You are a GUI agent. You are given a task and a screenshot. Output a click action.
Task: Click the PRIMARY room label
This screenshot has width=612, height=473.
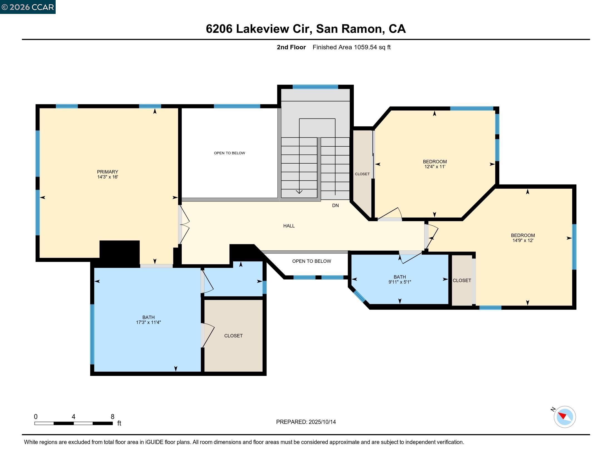click(107, 172)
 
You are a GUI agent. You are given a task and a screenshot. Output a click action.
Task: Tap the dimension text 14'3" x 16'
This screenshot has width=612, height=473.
click(107, 177)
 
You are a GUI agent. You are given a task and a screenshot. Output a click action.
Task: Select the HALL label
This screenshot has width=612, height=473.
click(289, 226)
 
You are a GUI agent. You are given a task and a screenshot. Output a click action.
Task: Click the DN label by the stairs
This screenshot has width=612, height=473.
click(335, 205)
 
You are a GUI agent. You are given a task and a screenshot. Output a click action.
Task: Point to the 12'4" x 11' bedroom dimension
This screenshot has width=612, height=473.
click(435, 167)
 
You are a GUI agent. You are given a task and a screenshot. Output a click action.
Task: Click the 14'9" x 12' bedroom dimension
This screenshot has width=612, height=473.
click(523, 240)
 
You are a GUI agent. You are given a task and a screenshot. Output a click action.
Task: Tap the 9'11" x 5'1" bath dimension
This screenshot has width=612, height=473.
click(399, 282)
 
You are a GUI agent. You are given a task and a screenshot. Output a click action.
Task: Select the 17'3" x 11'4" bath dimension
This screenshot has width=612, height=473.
click(148, 322)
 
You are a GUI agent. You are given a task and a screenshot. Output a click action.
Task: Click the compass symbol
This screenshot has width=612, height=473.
click(564, 417)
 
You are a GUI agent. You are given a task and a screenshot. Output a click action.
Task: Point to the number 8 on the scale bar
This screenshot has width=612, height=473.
click(112, 417)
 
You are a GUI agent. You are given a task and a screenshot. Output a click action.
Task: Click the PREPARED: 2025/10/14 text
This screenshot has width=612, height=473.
click(306, 422)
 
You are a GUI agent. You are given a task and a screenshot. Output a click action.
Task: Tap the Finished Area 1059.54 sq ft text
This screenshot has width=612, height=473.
click(351, 47)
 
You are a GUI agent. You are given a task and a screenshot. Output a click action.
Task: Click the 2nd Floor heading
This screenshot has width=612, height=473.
click(291, 47)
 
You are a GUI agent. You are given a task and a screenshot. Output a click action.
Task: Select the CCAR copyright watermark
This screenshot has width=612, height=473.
click(28, 7)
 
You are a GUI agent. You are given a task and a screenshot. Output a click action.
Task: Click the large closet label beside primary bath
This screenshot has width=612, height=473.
click(233, 336)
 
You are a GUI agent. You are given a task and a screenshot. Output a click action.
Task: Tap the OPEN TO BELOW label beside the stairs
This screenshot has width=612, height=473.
click(229, 153)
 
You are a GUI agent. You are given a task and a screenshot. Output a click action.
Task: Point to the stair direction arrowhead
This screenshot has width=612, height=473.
click(299, 192)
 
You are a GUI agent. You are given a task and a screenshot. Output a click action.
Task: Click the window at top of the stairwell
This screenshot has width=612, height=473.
click(315, 87)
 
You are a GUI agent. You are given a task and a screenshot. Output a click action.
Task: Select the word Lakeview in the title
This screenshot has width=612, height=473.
click(262, 29)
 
